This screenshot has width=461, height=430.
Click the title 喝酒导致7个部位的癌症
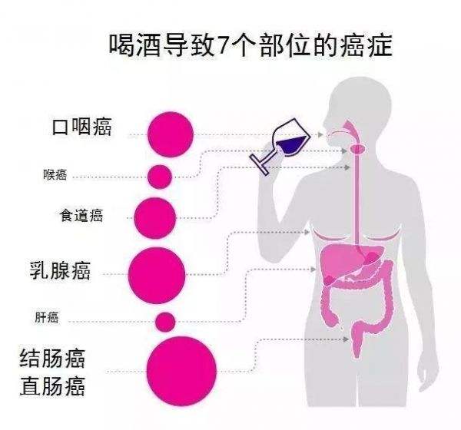point(250,45)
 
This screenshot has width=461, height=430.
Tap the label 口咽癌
point(82,127)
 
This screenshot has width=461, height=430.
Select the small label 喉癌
point(55,175)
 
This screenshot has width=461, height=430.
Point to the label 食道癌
point(81,216)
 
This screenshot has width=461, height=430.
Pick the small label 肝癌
point(47,317)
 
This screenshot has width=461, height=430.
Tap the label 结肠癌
point(52,359)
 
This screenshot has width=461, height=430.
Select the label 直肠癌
point(52,386)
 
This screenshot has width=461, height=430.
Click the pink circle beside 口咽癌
point(171,134)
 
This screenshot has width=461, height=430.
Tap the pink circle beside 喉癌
point(160,177)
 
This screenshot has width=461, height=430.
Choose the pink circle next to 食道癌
point(155,218)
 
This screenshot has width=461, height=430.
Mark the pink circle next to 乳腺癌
point(157,275)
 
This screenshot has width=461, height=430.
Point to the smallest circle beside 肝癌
point(165,322)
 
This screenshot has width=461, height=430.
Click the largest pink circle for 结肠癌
point(181,371)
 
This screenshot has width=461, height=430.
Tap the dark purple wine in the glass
point(291,144)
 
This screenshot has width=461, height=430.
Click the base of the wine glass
point(259,164)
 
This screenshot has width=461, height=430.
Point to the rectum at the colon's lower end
point(357,341)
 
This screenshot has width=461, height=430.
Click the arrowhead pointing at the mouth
point(320,134)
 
